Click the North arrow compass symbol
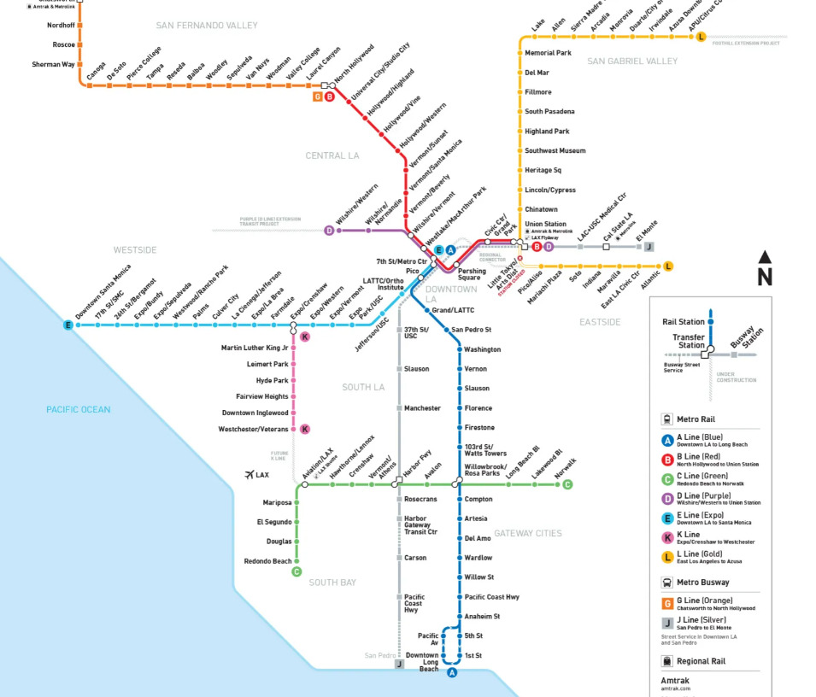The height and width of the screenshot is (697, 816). [765, 268]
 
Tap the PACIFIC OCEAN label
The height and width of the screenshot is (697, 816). [79, 410]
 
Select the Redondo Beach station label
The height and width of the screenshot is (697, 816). [268, 561]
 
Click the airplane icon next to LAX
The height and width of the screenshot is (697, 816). [249, 475]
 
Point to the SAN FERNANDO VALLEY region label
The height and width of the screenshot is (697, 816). [207, 26]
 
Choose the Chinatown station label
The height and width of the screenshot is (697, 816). [541, 209]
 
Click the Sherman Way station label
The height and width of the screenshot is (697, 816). [53, 64]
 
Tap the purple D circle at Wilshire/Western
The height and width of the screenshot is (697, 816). [329, 231]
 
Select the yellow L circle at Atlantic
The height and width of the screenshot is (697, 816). [668, 266]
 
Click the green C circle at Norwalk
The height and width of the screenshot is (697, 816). [567, 485]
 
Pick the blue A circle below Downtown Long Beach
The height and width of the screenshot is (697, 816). [452, 673]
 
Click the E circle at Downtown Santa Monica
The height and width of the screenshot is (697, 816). [68, 325]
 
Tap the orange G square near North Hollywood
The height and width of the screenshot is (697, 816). [317, 97]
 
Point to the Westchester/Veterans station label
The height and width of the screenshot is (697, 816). [254, 429]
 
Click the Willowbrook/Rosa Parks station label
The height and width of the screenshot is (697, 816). [485, 470]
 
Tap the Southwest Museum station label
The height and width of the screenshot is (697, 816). [555, 150]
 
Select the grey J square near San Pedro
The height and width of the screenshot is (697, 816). [399, 664]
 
